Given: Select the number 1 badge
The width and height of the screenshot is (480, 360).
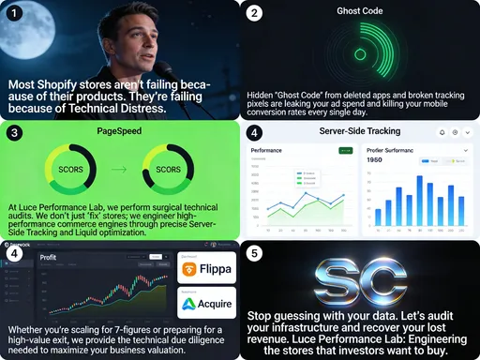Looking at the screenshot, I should pos(11,12).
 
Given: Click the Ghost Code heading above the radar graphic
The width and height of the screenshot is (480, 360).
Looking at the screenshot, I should pos(361,11).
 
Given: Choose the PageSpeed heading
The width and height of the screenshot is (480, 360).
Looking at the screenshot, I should pos(119,132).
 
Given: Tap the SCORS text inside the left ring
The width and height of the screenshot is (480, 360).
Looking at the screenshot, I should pos(70,170).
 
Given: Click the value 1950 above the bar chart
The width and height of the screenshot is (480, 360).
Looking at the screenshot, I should pos(349,160).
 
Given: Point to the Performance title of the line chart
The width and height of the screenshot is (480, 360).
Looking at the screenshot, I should pos(266,149).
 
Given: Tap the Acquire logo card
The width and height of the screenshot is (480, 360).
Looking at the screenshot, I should pos(206,303).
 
